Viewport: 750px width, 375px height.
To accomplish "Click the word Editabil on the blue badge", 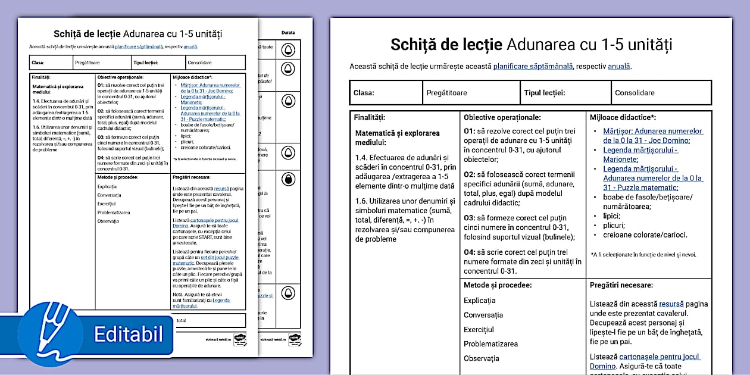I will point(129,334).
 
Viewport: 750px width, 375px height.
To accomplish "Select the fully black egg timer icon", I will point(288,179).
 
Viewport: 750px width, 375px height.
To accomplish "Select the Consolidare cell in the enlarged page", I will point(635,93).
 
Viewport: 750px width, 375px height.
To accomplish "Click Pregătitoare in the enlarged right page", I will point(446,93).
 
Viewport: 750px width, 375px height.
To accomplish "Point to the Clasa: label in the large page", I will point(364,93).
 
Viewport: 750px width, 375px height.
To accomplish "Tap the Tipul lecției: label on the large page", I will point(544,93).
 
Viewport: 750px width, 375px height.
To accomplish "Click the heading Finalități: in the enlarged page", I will point(369,118).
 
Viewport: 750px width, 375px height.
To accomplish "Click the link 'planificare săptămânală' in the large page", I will point(533,66).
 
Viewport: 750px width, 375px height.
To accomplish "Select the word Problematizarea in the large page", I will point(490,343).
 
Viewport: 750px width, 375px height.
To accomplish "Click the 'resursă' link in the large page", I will point(671,304).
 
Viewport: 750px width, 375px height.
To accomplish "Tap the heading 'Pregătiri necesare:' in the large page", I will point(621,286).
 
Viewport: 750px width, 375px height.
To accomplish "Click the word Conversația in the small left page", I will point(109,195).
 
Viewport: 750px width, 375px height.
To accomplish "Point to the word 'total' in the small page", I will point(181,320).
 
